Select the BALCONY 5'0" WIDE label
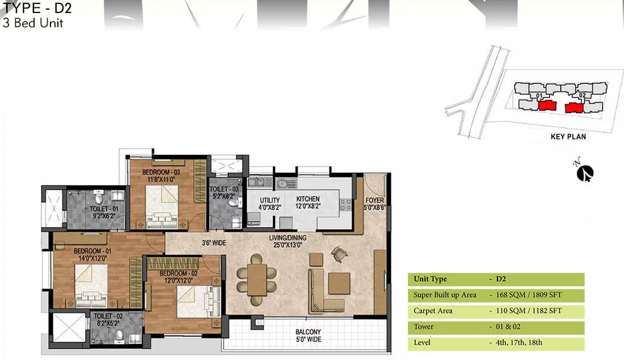tap(309, 335)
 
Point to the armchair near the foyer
tap(339, 253)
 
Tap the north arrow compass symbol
tap(585, 172)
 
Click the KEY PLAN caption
tap(568, 137)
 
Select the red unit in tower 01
tap(547, 105)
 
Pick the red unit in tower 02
tap(574, 107)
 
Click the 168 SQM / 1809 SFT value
tap(529, 295)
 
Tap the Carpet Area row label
tap(433, 311)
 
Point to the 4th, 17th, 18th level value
tap(519, 342)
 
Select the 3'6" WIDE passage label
tap(214, 243)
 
